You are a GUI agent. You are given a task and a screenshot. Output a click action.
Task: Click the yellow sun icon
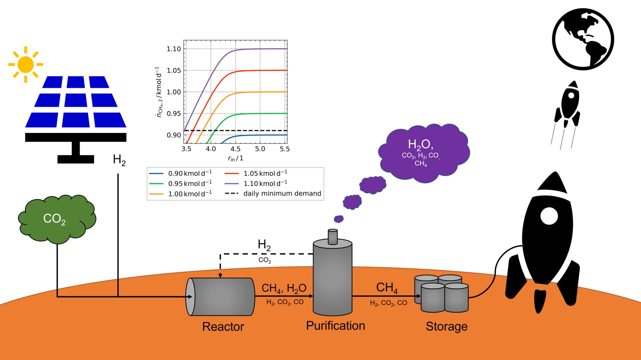[x=26, y=64]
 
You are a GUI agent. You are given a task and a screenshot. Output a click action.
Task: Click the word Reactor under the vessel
[x=223, y=327]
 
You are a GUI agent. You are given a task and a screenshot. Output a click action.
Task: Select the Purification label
[x=336, y=326]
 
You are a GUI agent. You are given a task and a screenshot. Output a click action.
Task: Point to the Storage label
[x=446, y=326]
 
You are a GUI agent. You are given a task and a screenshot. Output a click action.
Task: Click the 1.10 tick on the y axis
[x=174, y=49]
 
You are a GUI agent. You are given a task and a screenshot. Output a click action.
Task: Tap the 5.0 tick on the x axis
[x=260, y=149]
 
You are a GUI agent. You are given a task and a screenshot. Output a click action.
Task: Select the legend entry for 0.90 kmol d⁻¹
[x=181, y=173]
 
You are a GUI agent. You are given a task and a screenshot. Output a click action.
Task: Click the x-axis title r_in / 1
[x=235, y=159]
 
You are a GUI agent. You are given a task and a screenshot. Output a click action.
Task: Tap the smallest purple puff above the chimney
[x=339, y=219]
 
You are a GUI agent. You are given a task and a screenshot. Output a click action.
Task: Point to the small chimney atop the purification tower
[x=333, y=237]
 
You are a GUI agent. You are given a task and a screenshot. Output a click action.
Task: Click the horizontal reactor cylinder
[x=220, y=297]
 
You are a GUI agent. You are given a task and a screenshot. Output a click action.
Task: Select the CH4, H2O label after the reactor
[x=284, y=288]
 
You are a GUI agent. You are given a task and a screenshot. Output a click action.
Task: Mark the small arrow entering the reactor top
[x=220, y=275]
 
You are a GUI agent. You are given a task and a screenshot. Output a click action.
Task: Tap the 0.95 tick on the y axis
[x=174, y=114]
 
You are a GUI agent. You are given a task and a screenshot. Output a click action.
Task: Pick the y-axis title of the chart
[x=159, y=92]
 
